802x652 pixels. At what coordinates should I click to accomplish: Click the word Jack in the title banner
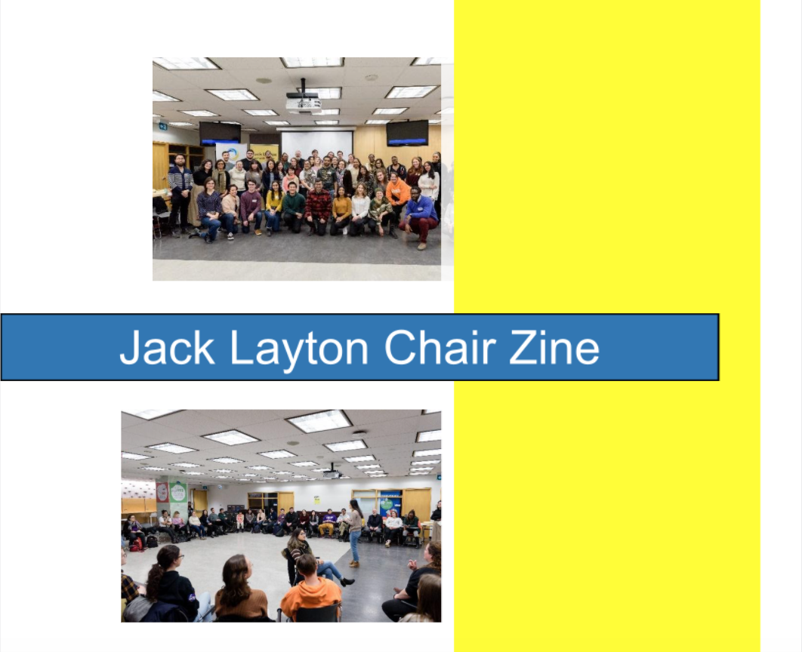[x=166, y=347]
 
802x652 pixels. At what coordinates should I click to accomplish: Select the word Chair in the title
[x=440, y=347]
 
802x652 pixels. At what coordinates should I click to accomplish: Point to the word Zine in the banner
[x=554, y=347]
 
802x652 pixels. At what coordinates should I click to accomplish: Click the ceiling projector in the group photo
[x=304, y=101]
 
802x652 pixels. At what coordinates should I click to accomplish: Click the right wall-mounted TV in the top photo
[x=407, y=133]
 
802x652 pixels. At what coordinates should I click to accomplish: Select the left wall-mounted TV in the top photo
[x=220, y=133]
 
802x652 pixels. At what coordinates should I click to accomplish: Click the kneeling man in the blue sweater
[x=419, y=217]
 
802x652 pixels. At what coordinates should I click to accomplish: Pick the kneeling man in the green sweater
[x=294, y=207]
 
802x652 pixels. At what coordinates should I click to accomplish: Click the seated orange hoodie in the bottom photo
[x=311, y=588]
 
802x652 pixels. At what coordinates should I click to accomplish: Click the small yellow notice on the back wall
[x=317, y=500]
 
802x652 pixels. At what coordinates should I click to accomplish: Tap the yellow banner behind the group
[x=264, y=152]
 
